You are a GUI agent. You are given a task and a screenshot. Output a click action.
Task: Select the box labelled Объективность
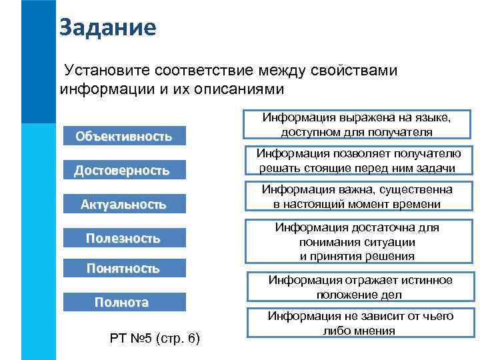(x=123, y=137)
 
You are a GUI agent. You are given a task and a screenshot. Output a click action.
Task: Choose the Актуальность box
(x=123, y=204)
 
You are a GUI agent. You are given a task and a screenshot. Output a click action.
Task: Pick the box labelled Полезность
(x=123, y=237)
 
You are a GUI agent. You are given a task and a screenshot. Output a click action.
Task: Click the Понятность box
(x=123, y=268)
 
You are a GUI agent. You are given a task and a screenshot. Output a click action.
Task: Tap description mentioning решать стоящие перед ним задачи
(x=357, y=161)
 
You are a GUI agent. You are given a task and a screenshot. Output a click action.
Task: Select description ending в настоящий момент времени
(x=357, y=197)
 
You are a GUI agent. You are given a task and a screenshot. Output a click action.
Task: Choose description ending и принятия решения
(x=357, y=242)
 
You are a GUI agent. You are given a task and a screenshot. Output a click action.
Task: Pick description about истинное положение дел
(x=360, y=287)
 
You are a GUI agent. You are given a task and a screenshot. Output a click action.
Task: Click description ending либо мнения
(x=360, y=323)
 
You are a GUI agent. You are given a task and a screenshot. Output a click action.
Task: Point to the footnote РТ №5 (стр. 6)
(x=153, y=339)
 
